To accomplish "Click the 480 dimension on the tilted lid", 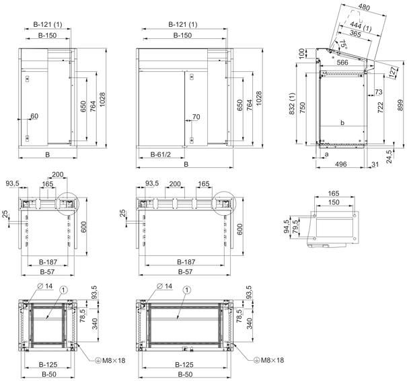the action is point(364,7).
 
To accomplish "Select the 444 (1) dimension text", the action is point(361,27).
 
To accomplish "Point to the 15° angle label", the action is point(343,44).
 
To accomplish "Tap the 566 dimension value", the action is point(342,62).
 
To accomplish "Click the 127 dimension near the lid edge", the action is point(394,71).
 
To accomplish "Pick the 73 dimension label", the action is point(379,92).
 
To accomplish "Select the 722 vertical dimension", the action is point(380,108).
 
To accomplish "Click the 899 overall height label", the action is point(400,105).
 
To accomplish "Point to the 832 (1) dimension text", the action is point(292,104).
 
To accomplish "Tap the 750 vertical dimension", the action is point(303,108).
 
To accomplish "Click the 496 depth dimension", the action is point(341,164).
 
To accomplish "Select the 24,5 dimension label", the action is point(389,157).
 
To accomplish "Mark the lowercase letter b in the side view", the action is point(342,122).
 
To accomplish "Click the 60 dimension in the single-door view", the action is point(34,116).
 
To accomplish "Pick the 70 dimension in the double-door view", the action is point(196,117).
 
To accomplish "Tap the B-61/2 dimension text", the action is point(161,155).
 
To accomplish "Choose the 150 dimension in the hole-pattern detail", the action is point(334,202).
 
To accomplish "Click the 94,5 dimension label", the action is point(287,226).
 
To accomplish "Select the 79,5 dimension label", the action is point(295,226).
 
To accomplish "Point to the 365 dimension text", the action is point(355,34).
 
